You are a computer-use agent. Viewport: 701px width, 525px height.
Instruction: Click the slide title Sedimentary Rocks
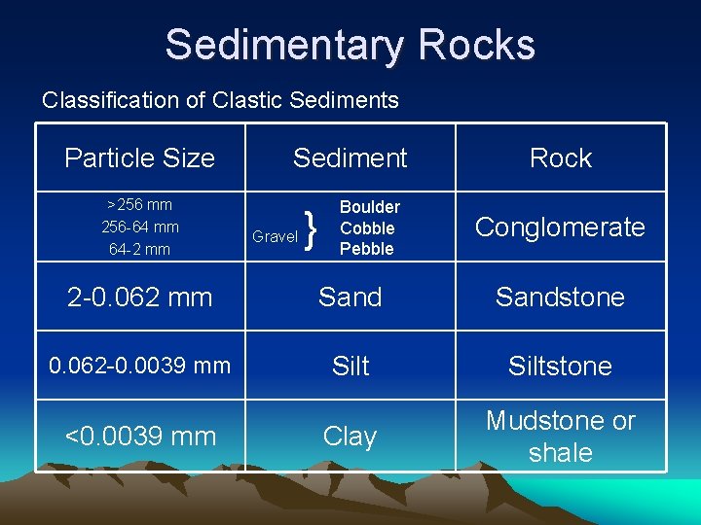point(350,45)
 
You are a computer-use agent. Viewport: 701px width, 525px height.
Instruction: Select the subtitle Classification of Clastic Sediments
point(220,100)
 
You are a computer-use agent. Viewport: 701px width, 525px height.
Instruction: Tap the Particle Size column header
point(139,157)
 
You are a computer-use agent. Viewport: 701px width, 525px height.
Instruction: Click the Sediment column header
point(350,157)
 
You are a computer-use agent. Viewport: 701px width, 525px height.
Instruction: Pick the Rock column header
point(560,157)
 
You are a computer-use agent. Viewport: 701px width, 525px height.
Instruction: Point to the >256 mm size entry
point(139,205)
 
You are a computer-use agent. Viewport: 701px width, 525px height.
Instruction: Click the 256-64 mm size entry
point(139,227)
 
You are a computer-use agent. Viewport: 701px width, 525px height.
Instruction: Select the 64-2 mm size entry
point(139,250)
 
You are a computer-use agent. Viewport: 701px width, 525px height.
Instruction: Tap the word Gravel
point(275,236)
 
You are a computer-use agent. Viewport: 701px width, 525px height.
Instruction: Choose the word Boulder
point(369,207)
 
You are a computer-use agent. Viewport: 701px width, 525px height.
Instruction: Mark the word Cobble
point(367,228)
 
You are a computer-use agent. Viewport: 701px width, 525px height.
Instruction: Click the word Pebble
point(367,249)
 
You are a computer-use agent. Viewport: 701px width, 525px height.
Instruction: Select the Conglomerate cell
point(560,227)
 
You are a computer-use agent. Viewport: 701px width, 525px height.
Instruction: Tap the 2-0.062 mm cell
point(139,297)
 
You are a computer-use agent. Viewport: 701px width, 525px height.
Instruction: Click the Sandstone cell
point(560,297)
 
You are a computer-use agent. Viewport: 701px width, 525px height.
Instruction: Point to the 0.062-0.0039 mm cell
point(139,366)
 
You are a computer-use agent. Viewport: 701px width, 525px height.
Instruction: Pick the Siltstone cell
point(560,367)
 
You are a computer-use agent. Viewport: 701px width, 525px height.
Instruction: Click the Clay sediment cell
point(350,437)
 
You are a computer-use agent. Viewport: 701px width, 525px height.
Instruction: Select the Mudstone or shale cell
point(560,437)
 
